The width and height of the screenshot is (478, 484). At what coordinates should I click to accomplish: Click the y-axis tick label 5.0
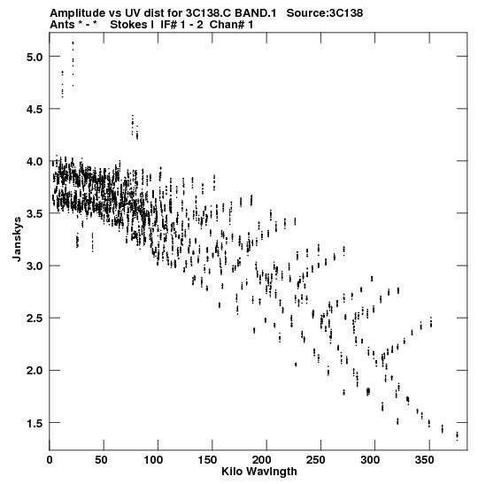coord(35,58)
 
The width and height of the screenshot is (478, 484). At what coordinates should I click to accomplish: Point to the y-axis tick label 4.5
coord(35,110)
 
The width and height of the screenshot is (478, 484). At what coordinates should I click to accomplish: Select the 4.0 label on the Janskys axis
coord(35,162)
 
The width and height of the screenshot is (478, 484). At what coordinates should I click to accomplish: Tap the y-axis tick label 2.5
coord(35,319)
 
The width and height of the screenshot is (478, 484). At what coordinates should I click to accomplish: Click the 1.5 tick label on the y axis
coord(35,423)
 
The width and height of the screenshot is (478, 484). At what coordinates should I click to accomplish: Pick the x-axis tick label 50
coord(101,460)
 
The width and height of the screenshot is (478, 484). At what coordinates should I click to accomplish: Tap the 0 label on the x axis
coord(50,460)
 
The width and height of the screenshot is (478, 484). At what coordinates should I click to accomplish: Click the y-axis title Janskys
coord(18,239)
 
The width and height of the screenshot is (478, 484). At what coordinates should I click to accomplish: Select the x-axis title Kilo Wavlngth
coord(259,472)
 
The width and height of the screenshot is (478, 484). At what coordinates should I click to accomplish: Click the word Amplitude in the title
coord(77,13)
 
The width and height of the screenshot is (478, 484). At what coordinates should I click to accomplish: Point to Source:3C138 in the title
coord(325,13)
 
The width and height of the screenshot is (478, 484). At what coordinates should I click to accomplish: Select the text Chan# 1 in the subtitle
coord(231,25)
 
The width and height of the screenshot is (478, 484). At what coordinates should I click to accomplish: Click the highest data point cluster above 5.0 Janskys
coord(73,42)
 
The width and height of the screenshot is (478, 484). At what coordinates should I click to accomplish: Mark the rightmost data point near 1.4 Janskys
coord(458,435)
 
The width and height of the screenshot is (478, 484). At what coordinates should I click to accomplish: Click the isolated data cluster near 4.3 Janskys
coord(135,127)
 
